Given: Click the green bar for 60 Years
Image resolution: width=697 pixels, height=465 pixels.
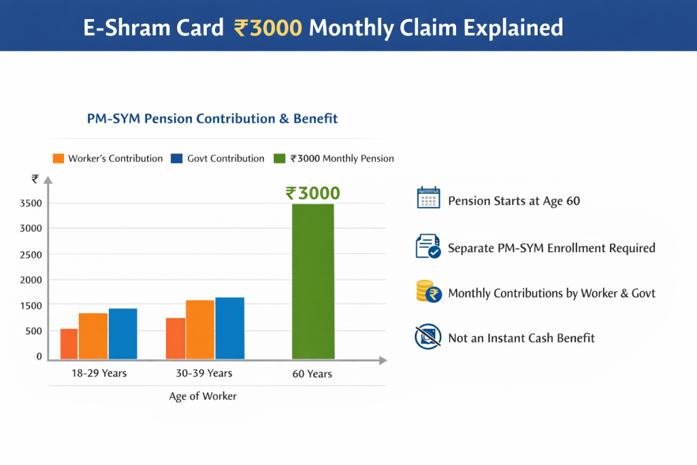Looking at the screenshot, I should click(313, 281).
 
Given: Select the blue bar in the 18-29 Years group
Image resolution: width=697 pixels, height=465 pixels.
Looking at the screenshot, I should click(123, 334).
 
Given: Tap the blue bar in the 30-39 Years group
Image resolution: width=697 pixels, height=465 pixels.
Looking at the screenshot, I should click(229, 328).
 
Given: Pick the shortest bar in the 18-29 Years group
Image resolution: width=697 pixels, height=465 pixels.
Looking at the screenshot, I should click(69, 344).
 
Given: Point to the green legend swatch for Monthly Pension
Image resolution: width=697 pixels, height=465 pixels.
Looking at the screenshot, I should click(279, 159).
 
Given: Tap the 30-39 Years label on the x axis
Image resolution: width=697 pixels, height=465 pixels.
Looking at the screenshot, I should click(205, 373).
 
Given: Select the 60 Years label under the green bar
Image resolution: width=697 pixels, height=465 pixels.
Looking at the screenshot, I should click(313, 374).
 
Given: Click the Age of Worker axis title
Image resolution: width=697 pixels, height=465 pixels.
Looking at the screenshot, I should click(203, 396).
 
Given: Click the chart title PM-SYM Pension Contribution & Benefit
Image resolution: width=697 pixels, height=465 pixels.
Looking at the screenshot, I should click(212, 118).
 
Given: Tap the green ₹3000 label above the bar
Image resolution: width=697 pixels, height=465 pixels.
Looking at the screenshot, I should click(313, 193).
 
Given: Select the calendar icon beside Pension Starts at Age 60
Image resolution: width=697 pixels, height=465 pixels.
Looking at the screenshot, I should click(428, 199).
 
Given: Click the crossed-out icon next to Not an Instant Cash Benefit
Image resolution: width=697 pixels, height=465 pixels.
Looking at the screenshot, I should click(428, 337).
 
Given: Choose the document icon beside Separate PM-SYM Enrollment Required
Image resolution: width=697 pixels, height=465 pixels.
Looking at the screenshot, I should click(428, 246).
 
